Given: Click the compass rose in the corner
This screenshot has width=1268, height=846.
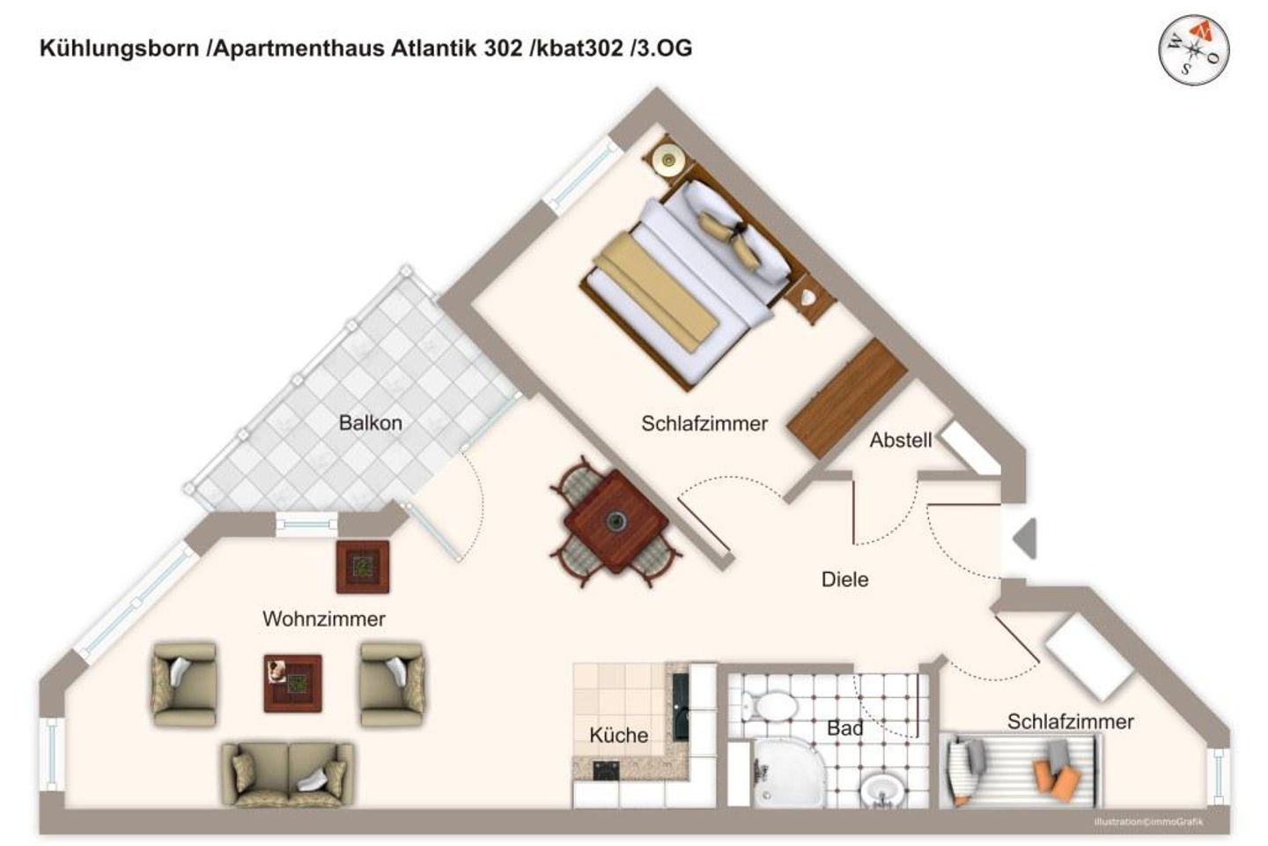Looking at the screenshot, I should click(x=1193, y=50).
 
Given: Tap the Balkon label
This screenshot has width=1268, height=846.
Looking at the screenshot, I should click(x=370, y=423).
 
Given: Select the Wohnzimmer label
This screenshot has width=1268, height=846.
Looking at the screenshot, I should click(x=324, y=619).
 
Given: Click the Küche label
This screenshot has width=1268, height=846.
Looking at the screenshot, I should click(x=619, y=735).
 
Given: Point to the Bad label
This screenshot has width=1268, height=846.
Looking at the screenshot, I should click(x=844, y=729).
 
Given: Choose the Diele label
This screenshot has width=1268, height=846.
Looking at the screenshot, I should click(x=844, y=580).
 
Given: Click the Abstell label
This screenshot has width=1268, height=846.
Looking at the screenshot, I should click(x=900, y=440).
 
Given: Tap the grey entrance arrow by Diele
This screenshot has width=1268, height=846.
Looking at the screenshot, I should click(x=1025, y=538).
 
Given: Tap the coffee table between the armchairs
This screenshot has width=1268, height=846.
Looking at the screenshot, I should click(x=292, y=682).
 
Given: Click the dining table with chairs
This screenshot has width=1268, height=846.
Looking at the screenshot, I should click(x=615, y=522).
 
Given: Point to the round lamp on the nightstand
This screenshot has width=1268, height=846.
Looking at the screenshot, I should click(x=667, y=160).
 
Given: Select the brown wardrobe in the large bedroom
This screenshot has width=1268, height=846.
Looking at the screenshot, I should click(x=846, y=398).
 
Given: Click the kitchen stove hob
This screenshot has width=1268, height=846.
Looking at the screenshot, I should click(x=605, y=771).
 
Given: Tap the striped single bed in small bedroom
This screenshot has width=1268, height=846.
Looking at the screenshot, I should click(x=1021, y=769).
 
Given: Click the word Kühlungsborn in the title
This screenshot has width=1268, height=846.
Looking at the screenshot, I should click(x=119, y=48).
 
